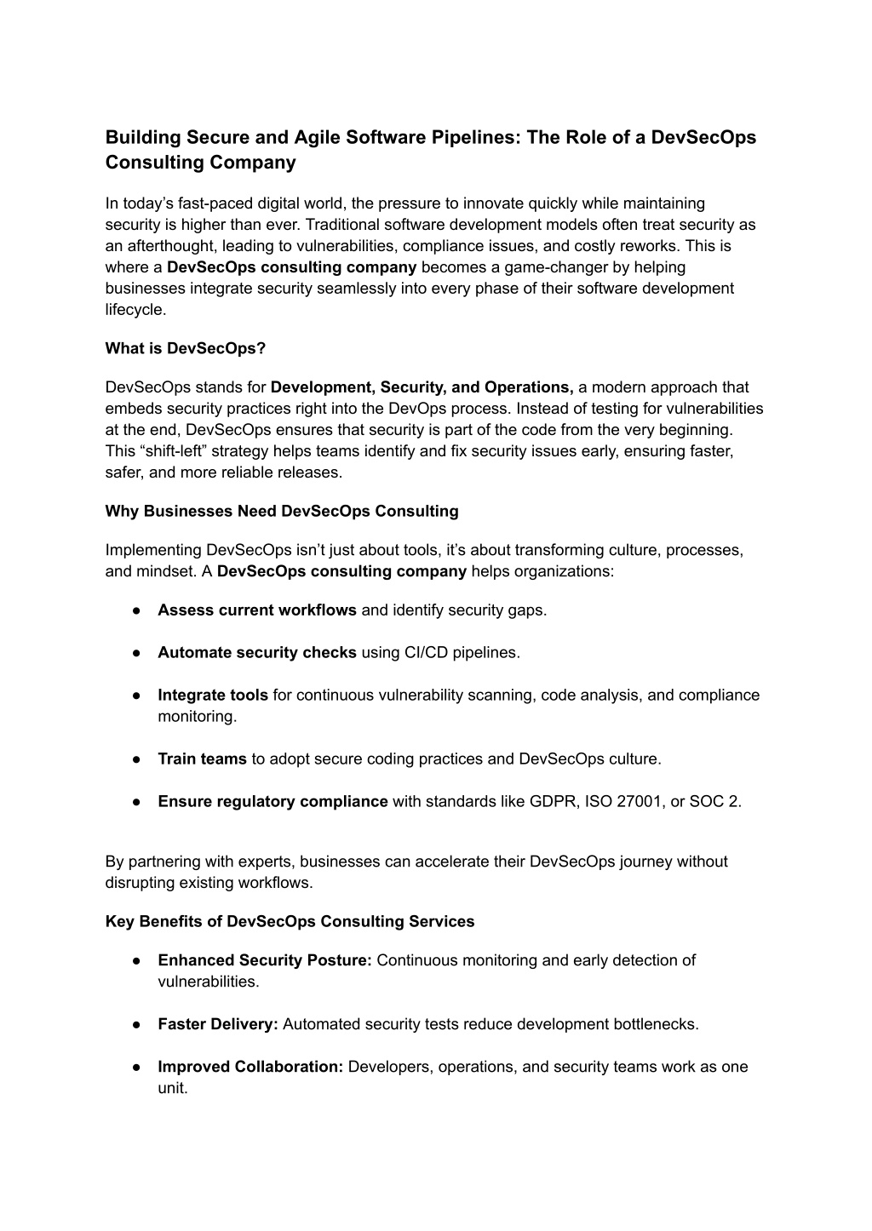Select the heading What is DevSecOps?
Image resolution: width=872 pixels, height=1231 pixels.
click(x=186, y=348)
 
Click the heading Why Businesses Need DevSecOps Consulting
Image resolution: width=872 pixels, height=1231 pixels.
click(x=282, y=511)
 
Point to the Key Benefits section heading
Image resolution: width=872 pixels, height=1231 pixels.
click(x=290, y=921)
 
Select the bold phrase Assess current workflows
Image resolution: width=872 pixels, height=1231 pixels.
click(x=257, y=610)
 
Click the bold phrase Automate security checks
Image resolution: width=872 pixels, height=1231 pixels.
click(x=257, y=652)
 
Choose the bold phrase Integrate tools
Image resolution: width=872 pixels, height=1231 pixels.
click(x=213, y=695)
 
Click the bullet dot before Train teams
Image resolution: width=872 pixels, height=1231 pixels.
click(x=136, y=759)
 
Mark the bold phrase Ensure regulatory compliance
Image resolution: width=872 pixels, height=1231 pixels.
click(x=272, y=801)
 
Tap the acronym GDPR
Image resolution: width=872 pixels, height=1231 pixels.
click(x=553, y=801)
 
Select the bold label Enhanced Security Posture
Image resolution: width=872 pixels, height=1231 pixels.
click(x=265, y=960)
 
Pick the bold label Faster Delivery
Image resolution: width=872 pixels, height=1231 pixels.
click(x=218, y=1024)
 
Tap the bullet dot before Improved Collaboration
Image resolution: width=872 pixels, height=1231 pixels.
click(x=136, y=1067)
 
